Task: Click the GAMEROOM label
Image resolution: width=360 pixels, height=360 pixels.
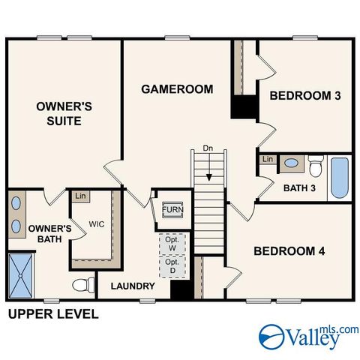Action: (177, 89)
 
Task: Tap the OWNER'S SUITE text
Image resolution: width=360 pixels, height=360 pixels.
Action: (64, 114)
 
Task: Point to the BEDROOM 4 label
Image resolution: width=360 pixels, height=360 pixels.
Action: (289, 251)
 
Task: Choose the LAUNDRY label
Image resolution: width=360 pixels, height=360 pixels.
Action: (133, 286)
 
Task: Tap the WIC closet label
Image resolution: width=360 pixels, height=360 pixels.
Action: (96, 223)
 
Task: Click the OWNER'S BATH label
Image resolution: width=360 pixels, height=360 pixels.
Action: (49, 234)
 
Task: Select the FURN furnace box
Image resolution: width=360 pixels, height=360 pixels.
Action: (172, 209)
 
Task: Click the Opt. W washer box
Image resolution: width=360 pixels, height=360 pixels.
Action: (173, 244)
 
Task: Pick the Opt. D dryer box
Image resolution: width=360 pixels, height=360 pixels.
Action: (173, 266)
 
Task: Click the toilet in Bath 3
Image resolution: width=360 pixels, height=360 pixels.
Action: (316, 163)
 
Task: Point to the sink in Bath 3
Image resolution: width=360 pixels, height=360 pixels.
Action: (290, 163)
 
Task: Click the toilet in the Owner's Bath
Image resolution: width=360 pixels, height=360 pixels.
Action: (85, 286)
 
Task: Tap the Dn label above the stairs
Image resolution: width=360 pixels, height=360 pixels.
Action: (208, 148)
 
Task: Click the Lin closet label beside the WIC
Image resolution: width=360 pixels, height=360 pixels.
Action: (79, 196)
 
